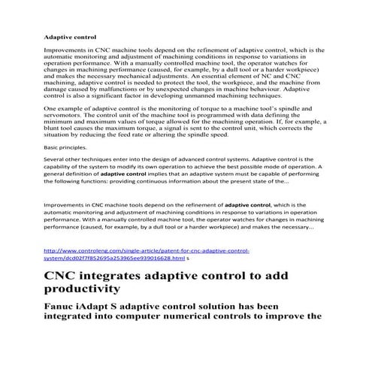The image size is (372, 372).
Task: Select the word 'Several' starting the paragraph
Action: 58,181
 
